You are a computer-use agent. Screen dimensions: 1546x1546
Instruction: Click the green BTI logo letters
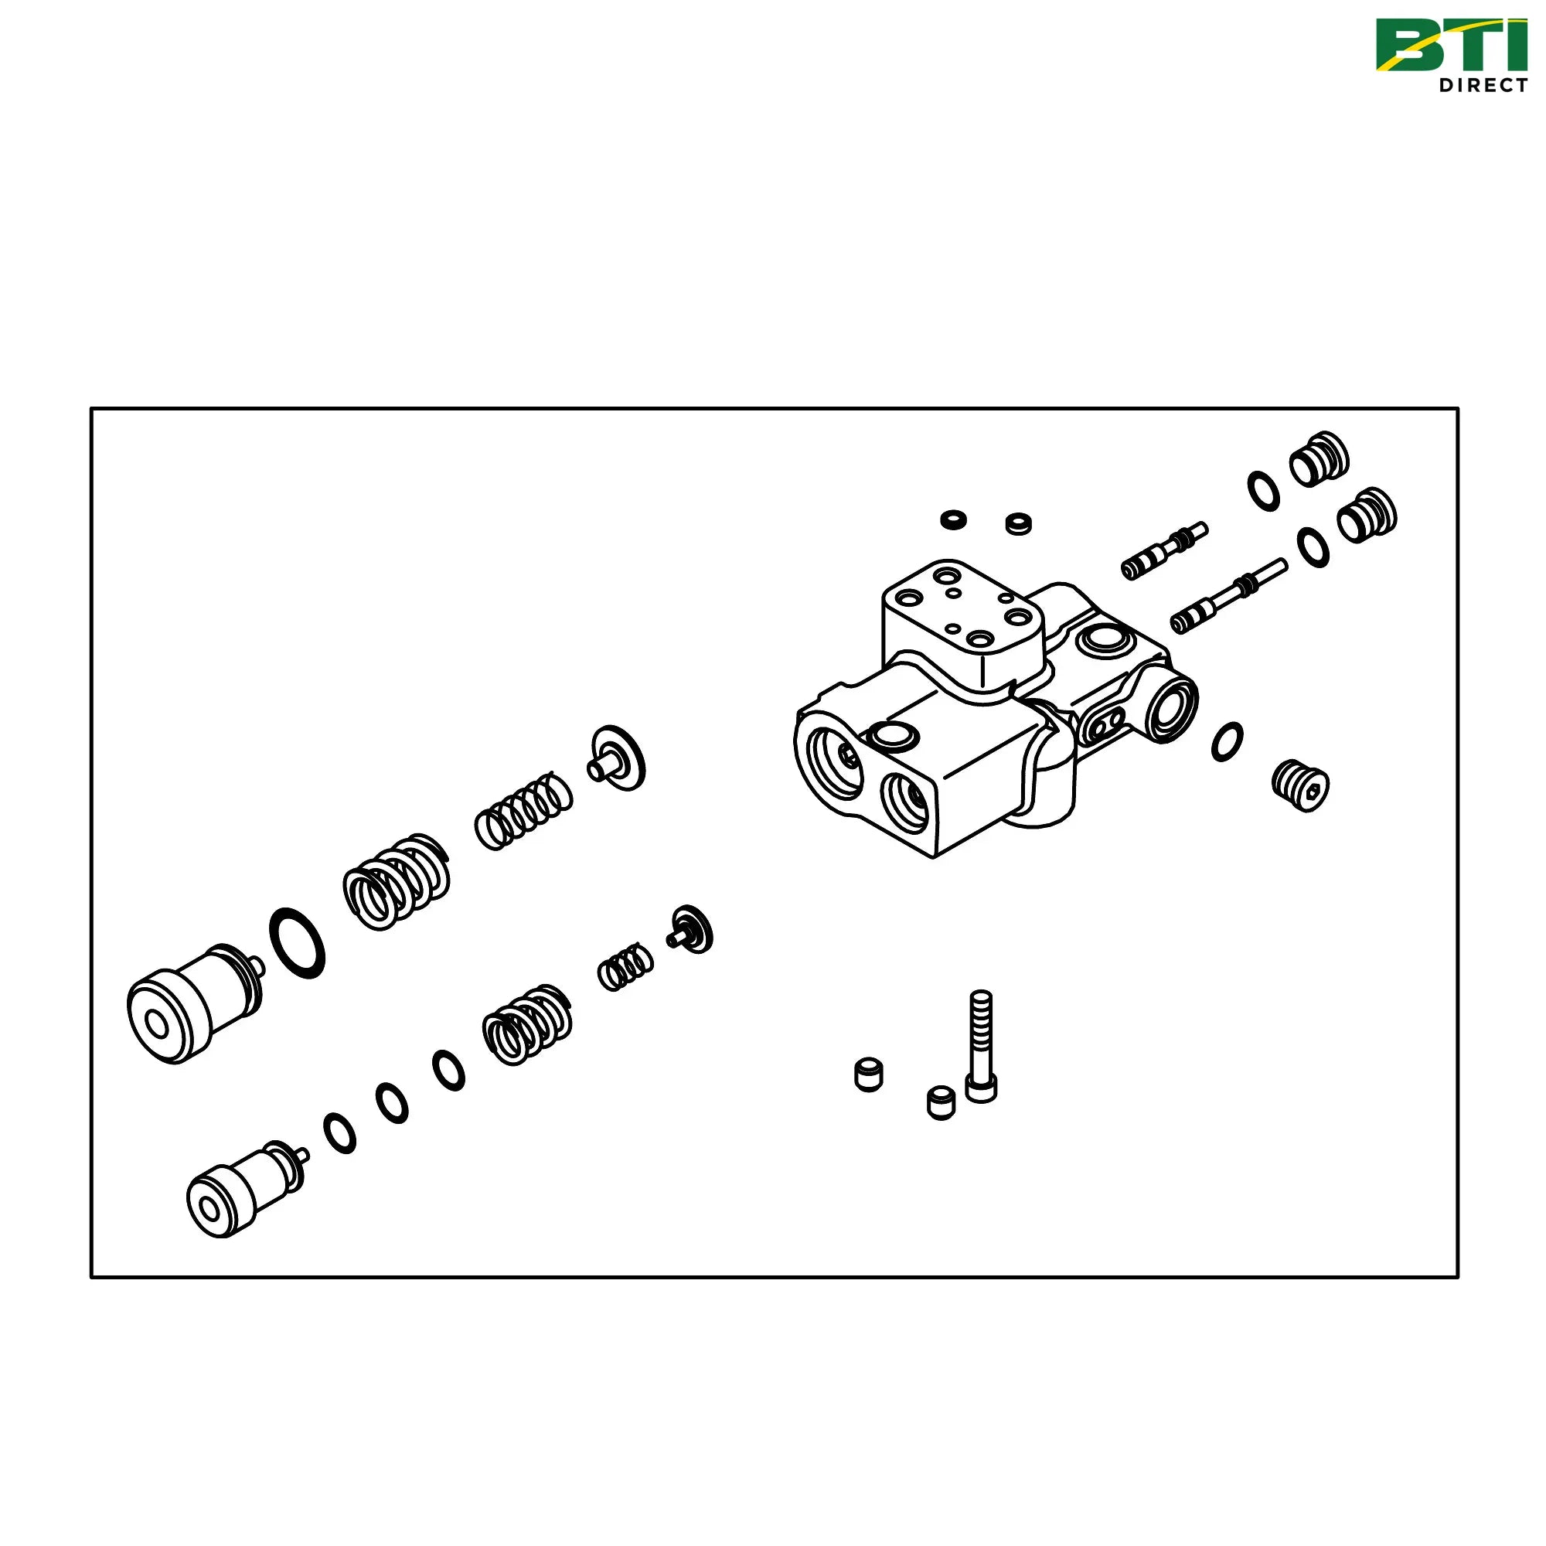1451,46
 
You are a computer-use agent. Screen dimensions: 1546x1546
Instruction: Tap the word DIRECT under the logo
1483,85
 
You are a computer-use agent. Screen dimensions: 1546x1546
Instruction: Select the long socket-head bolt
981,1046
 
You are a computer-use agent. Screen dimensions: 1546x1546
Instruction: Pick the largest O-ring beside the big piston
298,942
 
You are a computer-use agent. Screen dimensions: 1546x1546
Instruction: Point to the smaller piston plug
246,1189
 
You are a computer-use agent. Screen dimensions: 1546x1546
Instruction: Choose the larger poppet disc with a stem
617,758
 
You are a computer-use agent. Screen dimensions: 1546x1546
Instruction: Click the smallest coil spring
626,967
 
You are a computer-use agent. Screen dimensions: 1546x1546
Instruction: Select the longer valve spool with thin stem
1229,595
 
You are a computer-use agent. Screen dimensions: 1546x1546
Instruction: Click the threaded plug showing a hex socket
1300,785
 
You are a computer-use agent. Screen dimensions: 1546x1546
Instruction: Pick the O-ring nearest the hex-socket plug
1228,742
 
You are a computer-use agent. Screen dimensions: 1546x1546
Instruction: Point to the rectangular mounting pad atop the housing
962,624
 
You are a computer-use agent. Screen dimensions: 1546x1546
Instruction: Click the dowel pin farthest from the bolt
869,1074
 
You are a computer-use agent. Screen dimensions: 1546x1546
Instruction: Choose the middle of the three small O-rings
392,1104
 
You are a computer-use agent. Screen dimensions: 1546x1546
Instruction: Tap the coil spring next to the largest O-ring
396,882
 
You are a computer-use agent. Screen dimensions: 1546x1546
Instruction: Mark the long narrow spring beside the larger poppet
524,812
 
